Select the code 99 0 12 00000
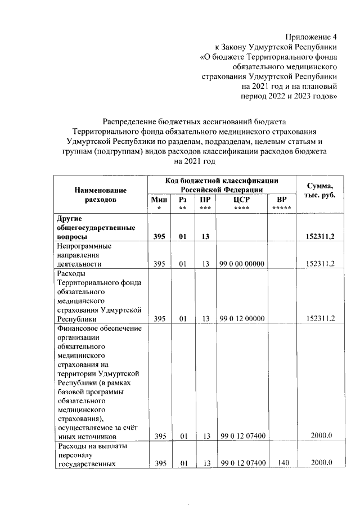tap(241, 319)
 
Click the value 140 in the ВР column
tap(283, 463)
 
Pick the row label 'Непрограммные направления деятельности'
tap(84, 255)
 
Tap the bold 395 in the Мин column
tap(159, 236)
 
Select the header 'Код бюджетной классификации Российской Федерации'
tap(222, 185)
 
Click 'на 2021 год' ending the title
tap(195, 161)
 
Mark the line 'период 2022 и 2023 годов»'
tap(289, 96)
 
